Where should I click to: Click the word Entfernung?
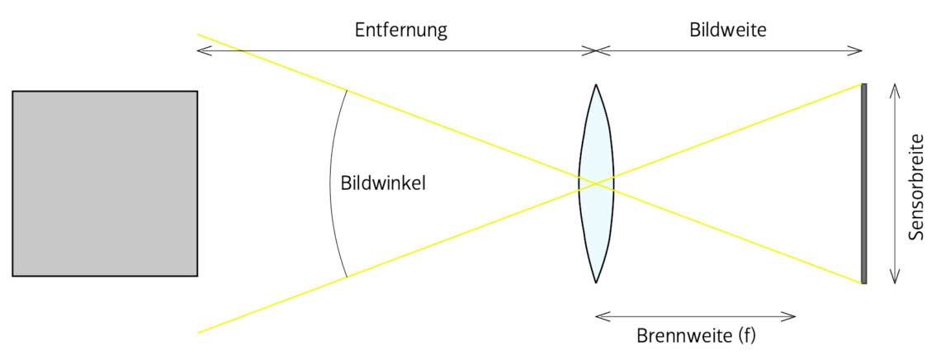(x=400, y=31)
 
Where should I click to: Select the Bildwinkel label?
(x=383, y=183)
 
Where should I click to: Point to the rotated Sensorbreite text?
(x=915, y=187)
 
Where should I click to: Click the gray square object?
(x=105, y=183)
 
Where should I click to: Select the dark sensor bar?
(x=863, y=183)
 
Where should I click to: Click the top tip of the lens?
(x=595, y=85)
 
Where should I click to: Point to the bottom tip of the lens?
(x=595, y=282)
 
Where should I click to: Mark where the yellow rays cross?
(x=596, y=183)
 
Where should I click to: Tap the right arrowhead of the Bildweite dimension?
(x=859, y=50)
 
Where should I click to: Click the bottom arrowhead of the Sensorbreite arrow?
(x=892, y=282)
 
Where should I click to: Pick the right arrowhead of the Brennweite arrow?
(x=793, y=315)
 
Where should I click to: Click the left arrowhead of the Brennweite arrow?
(x=598, y=315)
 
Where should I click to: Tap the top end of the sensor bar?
(x=863, y=86)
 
